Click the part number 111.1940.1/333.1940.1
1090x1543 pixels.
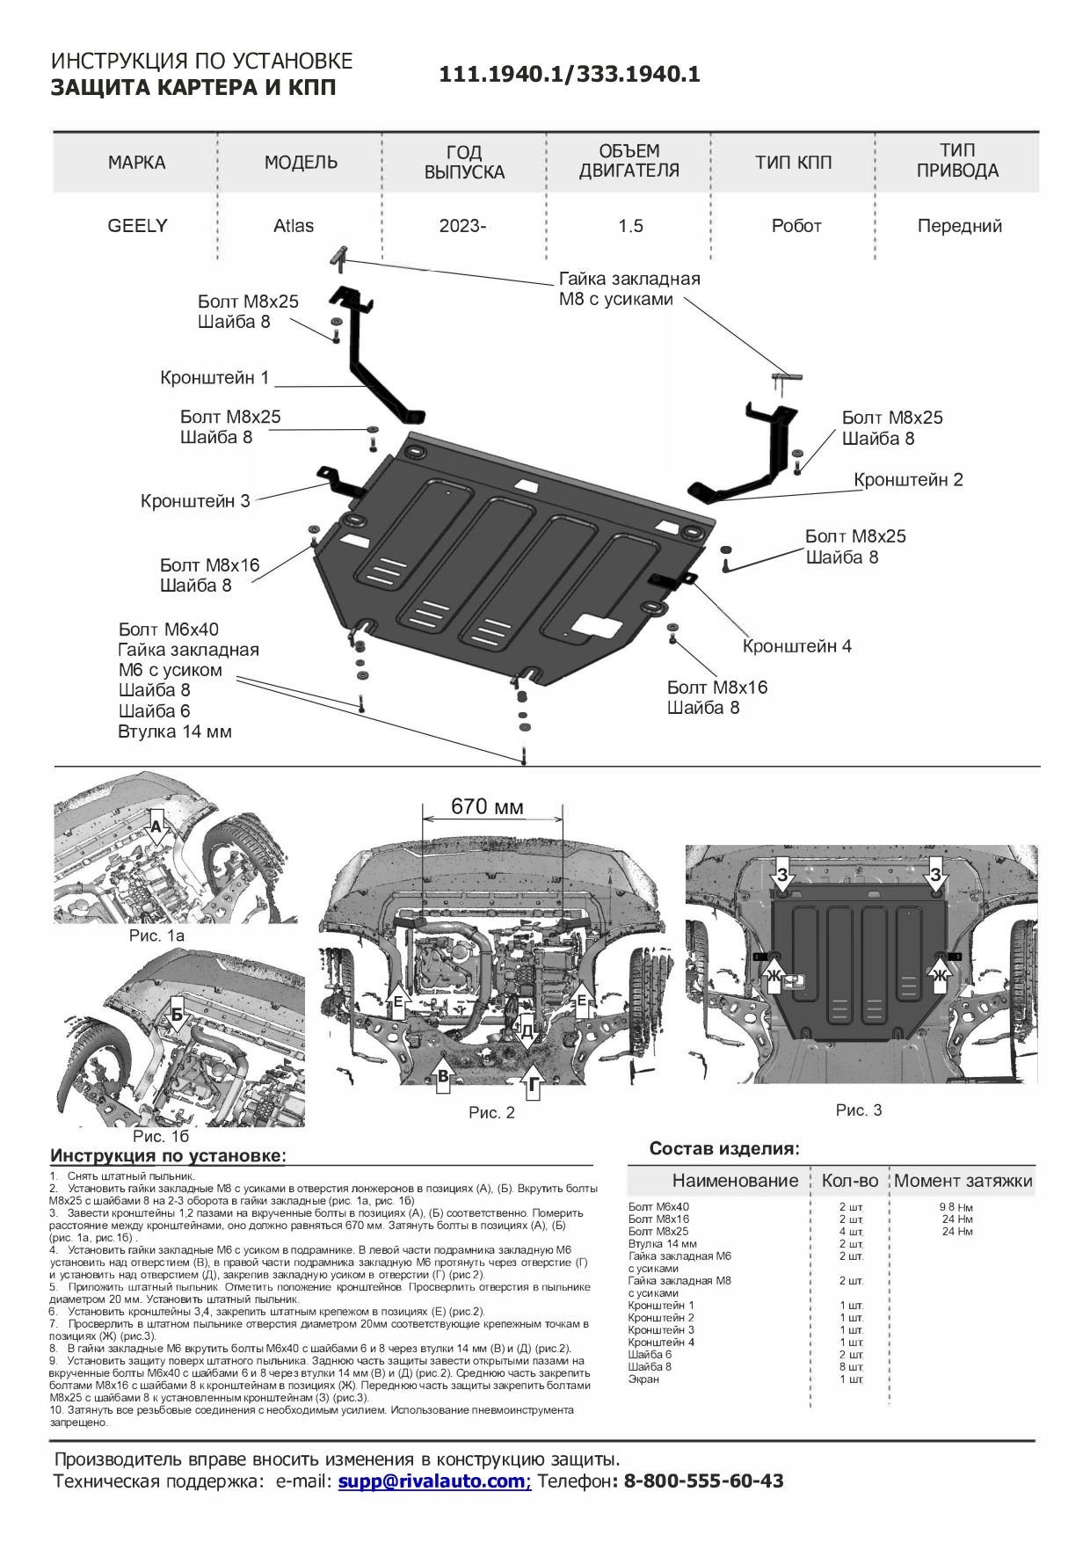tap(570, 75)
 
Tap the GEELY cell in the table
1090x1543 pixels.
tap(137, 226)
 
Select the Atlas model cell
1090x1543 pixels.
tap(294, 226)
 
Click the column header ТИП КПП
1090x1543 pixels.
tap(793, 163)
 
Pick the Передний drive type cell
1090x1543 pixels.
tap(959, 226)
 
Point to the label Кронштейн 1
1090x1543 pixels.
tap(214, 378)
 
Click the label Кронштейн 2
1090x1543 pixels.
tap(908, 480)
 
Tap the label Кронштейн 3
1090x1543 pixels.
tap(195, 501)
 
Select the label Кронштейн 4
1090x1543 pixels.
tap(796, 646)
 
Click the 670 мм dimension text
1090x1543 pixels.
tap(487, 806)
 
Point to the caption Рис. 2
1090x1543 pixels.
tap(491, 1113)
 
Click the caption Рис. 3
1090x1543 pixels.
tap(858, 1110)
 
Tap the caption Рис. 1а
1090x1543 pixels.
tap(156, 935)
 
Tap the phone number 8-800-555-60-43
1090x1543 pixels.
tap(703, 1481)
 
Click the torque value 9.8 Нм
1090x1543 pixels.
tap(956, 1207)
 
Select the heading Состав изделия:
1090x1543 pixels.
tap(724, 1148)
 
